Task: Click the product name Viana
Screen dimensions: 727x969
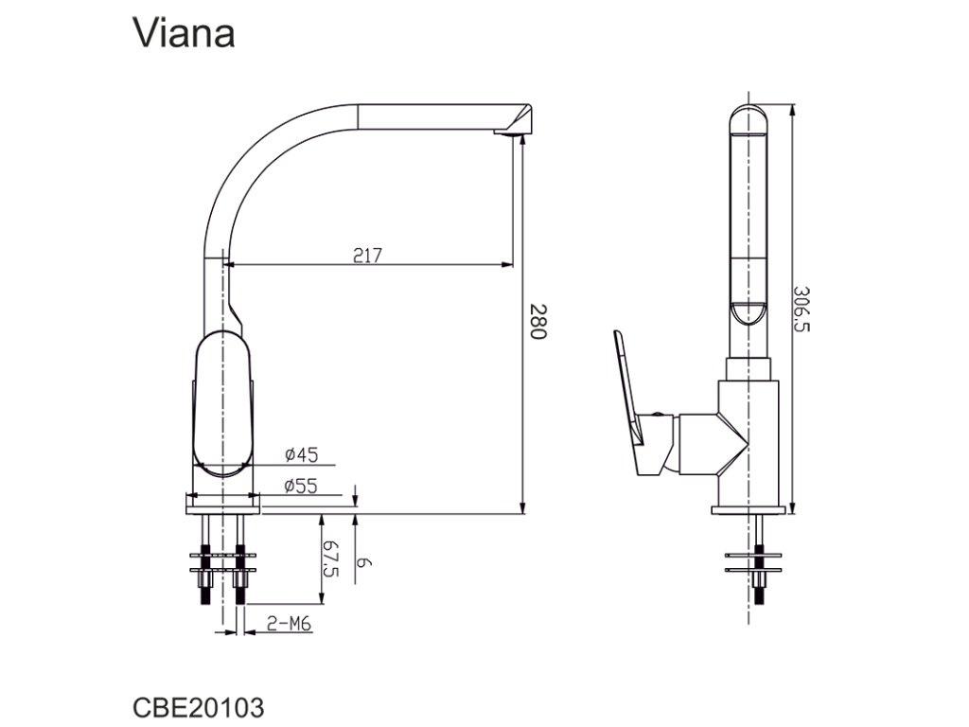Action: pos(184,34)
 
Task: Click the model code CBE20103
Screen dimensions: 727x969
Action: pos(198,707)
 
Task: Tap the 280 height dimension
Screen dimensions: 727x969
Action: pos(537,323)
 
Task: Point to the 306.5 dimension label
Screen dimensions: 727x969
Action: pos(802,309)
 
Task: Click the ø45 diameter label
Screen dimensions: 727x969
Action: pos(301,455)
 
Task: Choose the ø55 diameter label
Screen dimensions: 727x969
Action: pos(301,487)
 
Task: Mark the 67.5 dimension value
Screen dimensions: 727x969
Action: pos(330,559)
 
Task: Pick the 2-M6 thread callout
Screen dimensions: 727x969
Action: pos(290,623)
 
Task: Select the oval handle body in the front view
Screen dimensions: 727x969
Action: pos(223,402)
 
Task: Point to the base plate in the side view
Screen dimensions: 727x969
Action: pos(749,510)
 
